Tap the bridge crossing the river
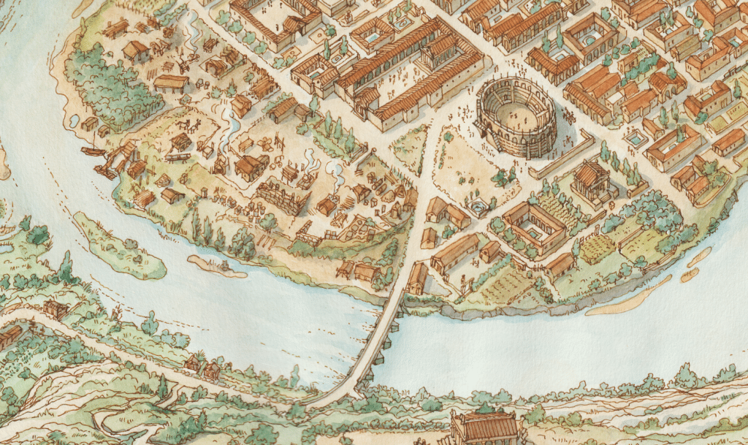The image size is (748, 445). coord(373,343)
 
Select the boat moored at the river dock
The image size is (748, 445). coord(93,152)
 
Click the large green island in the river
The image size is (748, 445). coord(121,245)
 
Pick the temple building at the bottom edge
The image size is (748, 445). coord(485,427)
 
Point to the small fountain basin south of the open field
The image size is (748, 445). coord(478,208)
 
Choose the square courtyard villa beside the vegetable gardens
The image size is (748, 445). coord(534,227)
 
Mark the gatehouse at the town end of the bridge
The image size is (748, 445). coord(417,278)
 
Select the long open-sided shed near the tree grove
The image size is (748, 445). coord(171,83)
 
